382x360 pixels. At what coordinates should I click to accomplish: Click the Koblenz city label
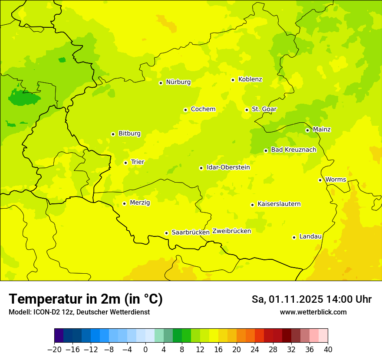click(250, 79)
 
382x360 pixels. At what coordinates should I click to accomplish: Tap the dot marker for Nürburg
click(161, 83)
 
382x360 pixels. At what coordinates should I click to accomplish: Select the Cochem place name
click(203, 109)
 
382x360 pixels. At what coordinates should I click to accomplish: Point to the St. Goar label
click(264, 109)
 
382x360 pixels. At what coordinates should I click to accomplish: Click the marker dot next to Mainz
click(307, 130)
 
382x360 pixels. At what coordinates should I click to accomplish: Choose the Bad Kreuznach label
click(293, 150)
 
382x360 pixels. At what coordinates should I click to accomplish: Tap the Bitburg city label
click(129, 134)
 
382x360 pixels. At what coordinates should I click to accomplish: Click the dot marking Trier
click(125, 163)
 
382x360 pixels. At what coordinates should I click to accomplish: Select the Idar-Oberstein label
click(228, 167)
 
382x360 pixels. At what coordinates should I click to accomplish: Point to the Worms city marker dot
click(320, 180)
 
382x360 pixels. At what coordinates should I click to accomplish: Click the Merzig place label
click(140, 203)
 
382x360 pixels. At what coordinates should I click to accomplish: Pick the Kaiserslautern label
click(279, 204)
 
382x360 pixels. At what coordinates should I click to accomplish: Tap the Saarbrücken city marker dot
click(166, 233)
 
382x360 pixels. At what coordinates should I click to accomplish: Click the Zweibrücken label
click(232, 231)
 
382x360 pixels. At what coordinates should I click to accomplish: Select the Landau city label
click(310, 236)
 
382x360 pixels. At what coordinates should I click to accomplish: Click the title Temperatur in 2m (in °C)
click(86, 299)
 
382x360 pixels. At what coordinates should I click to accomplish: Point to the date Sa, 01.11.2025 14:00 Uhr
click(311, 299)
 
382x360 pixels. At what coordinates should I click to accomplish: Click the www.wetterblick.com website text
click(313, 312)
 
